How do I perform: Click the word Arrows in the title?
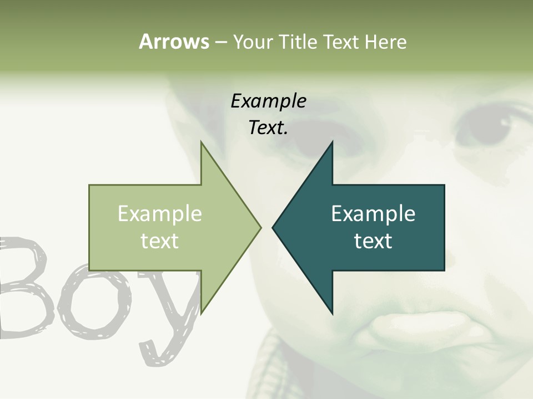(174, 42)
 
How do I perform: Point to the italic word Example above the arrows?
(268, 101)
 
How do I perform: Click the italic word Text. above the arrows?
(268, 128)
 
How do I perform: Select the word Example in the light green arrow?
(160, 214)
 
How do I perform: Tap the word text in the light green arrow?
(160, 241)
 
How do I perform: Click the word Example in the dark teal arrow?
(373, 214)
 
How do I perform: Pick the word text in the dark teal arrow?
(373, 241)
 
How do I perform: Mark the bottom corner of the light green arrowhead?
(201, 313)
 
